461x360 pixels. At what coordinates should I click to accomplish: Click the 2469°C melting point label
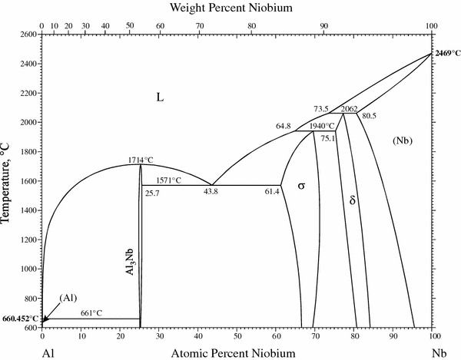(446, 53)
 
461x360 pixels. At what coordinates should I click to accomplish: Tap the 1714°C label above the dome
(141, 160)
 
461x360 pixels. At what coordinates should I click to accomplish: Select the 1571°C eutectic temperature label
(167, 180)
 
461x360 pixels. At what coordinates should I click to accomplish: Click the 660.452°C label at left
(19, 319)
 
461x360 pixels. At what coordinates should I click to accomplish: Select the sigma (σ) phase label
(301, 185)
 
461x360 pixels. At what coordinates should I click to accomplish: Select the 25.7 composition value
(152, 193)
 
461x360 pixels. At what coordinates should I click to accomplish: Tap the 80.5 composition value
(369, 116)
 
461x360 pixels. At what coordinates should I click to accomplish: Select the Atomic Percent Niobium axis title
(236, 352)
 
